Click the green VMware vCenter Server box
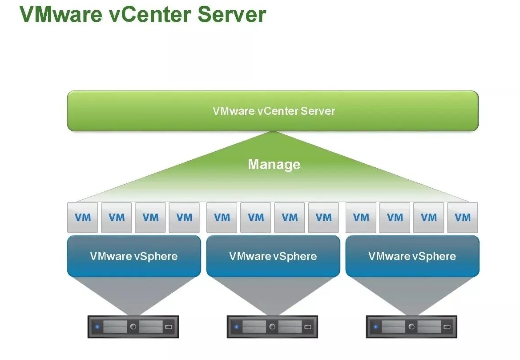coord(273,111)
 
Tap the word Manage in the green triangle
coord(274,165)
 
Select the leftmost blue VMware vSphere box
coord(133,256)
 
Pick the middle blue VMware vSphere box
coord(273,256)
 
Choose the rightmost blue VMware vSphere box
coord(412,256)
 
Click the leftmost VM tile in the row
coord(82,218)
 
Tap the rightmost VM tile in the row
coord(463,218)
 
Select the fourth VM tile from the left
coord(184,218)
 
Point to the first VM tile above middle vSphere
coord(222,218)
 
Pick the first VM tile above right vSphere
coord(361,218)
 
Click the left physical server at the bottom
coord(133,327)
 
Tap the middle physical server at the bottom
coord(272,327)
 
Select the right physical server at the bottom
coord(411,327)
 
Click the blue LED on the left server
coord(97,327)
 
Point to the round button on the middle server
coord(272,327)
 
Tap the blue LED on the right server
coord(375,327)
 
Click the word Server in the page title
coord(232,14)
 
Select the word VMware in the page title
coord(65,14)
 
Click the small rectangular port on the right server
coord(447,327)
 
